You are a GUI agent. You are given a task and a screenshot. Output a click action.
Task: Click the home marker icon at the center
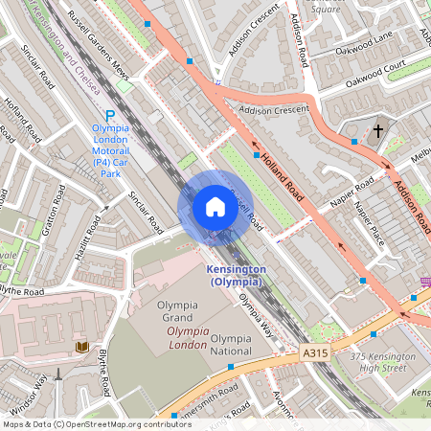[x=215, y=206]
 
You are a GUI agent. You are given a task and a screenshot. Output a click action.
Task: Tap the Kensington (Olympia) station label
[x=235, y=275]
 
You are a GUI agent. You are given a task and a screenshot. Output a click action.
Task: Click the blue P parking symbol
[x=109, y=113]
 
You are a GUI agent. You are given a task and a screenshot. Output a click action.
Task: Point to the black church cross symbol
[x=377, y=129]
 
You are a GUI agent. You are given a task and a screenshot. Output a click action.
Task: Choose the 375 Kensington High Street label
[x=382, y=362]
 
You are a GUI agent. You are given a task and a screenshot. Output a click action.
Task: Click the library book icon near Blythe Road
[x=81, y=346]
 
